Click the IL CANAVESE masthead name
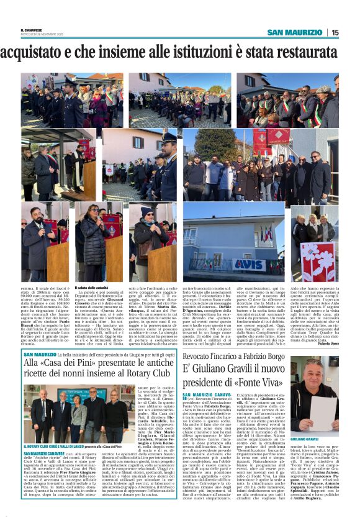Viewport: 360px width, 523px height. (x=34, y=30)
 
